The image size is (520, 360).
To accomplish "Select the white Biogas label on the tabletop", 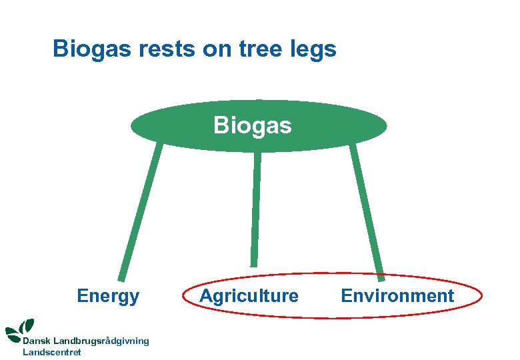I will (x=253, y=125).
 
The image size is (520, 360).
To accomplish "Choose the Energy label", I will (x=108, y=296).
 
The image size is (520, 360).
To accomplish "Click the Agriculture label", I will (x=249, y=296).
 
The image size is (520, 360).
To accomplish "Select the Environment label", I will (x=397, y=296).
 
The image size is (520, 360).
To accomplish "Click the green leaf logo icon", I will (x=20, y=329).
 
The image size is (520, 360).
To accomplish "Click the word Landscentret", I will (x=52, y=352).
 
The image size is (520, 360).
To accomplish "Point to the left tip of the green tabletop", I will (x=132, y=126).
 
